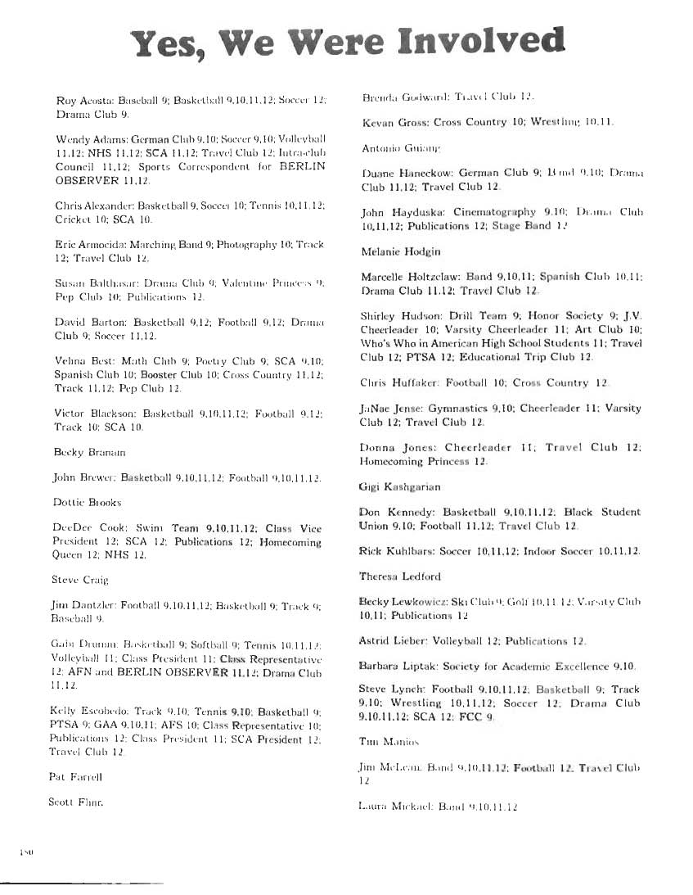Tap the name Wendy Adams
click(x=89, y=138)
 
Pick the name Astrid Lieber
click(x=388, y=640)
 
